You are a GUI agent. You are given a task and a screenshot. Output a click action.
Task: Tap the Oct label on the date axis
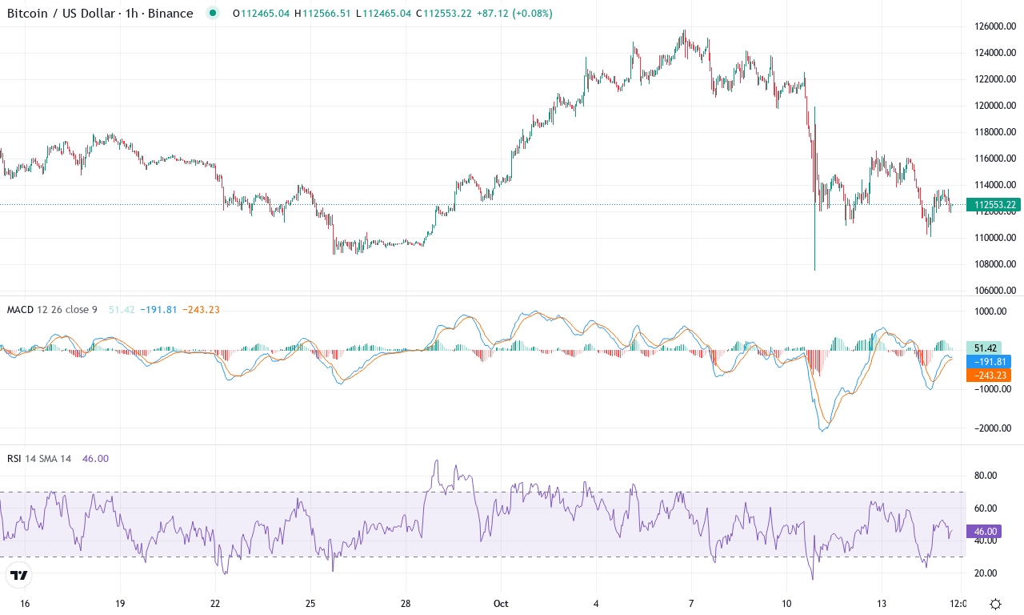coord(501,603)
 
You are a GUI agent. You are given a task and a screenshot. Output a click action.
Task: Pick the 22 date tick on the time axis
coord(215,603)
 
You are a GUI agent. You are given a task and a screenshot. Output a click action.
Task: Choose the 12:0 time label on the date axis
coord(957,603)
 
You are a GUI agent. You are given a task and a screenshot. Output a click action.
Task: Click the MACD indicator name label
coord(20,309)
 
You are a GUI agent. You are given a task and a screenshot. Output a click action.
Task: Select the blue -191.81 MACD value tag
coord(993,361)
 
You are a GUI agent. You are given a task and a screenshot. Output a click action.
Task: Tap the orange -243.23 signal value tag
coord(993,375)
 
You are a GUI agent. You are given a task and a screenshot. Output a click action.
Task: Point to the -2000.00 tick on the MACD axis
coord(993,428)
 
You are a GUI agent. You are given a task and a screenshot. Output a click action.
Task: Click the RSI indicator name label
coord(14,459)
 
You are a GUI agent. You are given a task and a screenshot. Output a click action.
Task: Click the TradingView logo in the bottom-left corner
coord(19,575)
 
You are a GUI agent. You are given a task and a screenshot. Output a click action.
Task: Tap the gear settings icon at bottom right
coord(995,604)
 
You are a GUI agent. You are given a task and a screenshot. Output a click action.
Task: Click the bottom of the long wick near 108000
coord(814,269)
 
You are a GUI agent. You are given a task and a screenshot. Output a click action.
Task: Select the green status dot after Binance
coord(212,14)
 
